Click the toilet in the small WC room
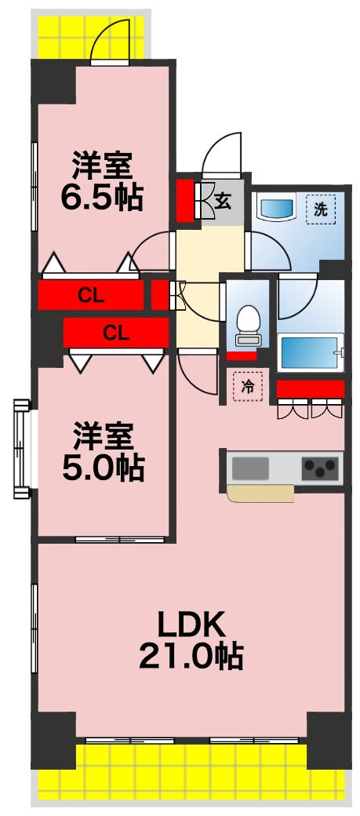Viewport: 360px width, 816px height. tap(248, 322)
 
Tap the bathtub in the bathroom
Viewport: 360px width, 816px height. tap(311, 349)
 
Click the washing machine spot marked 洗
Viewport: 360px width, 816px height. tap(320, 209)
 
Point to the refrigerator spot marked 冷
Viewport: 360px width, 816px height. tap(248, 386)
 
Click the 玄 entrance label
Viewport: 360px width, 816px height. tap(223, 201)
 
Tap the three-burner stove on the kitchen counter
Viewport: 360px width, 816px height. tap(321, 469)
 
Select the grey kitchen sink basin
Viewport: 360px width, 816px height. tap(250, 469)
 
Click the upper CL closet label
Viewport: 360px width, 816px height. tap(92, 296)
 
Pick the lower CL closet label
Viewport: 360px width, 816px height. tap(116, 333)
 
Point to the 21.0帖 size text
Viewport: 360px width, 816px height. tap(191, 656)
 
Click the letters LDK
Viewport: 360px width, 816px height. tap(191, 625)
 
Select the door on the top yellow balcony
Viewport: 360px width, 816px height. tap(109, 44)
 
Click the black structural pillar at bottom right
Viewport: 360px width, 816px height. tap(329, 739)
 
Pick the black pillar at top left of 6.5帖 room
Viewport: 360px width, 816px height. tap(53, 83)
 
